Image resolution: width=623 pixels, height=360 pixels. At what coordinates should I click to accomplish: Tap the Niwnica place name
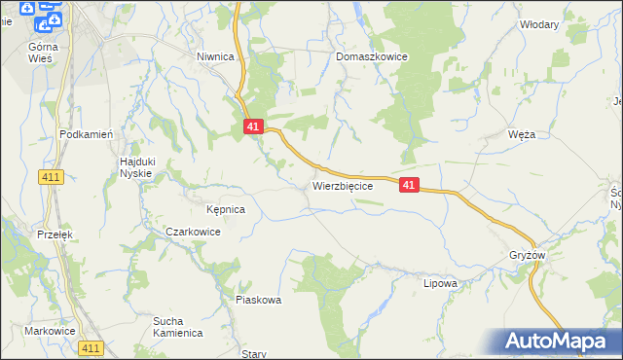pyautogui.click(x=215, y=56)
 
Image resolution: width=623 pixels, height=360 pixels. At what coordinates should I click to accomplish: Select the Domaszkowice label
pyautogui.click(x=372, y=57)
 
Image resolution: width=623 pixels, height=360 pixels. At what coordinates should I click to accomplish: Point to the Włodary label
pyautogui.click(x=539, y=24)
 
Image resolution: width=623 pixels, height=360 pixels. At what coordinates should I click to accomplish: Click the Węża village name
pyautogui.click(x=522, y=134)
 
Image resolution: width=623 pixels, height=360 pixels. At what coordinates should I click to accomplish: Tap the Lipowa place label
pyautogui.click(x=440, y=284)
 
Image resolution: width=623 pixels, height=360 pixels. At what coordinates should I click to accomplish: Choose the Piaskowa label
pyautogui.click(x=259, y=300)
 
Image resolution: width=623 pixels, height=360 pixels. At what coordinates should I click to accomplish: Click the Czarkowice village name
pyautogui.click(x=193, y=233)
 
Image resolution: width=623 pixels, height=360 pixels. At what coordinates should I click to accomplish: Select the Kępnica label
pyautogui.click(x=225, y=209)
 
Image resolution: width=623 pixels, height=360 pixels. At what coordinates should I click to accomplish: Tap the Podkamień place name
pyautogui.click(x=88, y=134)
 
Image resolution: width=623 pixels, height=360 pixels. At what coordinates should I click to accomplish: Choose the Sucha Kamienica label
pyautogui.click(x=177, y=326)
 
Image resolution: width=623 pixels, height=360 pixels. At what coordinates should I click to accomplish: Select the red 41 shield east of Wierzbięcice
pyautogui.click(x=409, y=185)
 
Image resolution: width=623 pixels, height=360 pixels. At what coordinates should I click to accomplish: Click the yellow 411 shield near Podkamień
pyautogui.click(x=52, y=176)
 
